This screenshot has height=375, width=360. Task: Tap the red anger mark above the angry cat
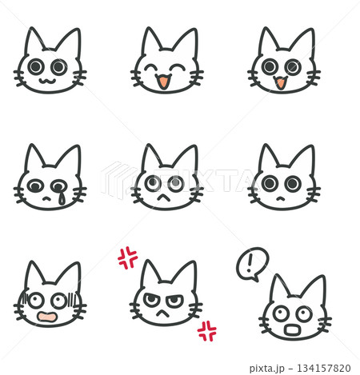tap(127, 257)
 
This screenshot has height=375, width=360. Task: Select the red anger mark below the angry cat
tap(207, 330)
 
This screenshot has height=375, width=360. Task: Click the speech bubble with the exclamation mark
tap(252, 263)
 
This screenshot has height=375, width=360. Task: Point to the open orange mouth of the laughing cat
tap(162, 81)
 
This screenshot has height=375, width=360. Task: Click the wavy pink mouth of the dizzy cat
tap(48, 317)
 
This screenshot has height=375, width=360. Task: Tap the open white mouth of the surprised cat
tap(293, 330)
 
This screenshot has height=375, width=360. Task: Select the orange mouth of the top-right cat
tap(280, 82)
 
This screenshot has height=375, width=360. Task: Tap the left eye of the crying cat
tap(37, 186)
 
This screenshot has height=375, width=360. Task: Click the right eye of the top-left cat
tap(58, 66)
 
